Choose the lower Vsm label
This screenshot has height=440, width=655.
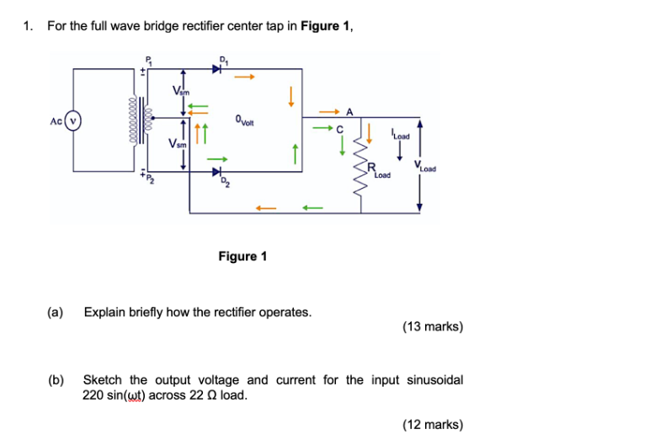(x=178, y=144)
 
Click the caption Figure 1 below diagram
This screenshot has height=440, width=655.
(x=242, y=256)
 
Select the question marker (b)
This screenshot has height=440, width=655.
(x=56, y=380)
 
